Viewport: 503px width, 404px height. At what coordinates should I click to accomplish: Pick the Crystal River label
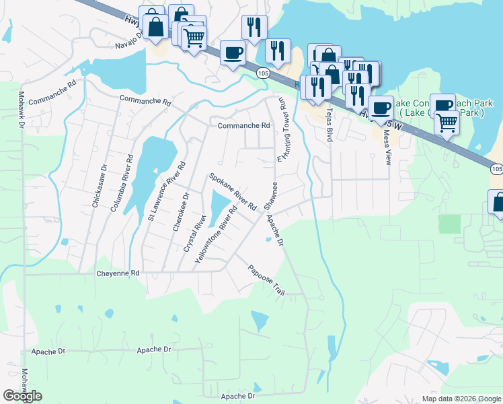pos(193,234)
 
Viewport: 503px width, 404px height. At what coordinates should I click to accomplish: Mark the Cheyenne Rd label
pos(117,273)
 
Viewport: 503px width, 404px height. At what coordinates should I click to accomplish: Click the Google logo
pos(22,395)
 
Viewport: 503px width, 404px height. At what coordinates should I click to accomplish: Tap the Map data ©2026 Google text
pos(461,398)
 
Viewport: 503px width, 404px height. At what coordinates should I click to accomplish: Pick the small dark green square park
pos(450,224)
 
